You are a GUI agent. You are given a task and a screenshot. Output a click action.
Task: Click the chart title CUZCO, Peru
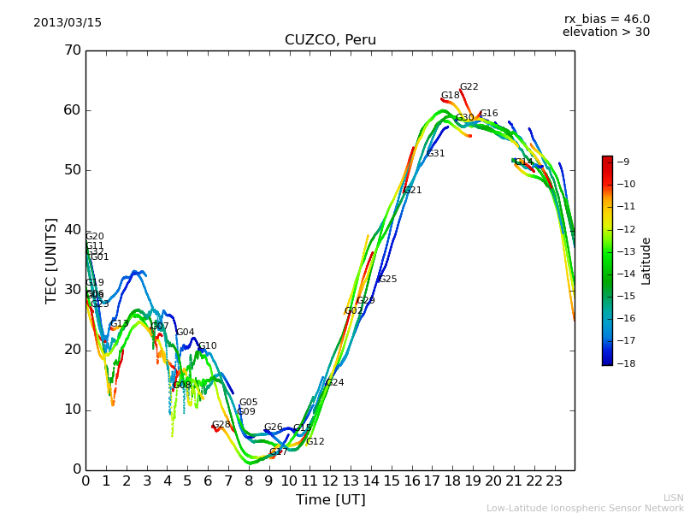coord(330,40)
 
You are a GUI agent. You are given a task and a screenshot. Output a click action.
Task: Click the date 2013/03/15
coord(68,23)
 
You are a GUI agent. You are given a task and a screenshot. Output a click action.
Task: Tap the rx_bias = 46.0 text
coord(606,19)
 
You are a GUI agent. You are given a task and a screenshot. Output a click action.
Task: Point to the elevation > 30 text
coord(605,32)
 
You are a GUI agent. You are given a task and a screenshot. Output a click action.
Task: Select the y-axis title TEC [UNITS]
coord(51,260)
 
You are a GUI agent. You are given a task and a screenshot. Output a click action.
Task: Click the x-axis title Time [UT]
coord(330,499)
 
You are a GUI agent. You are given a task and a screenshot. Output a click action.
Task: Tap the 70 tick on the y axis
coord(72,50)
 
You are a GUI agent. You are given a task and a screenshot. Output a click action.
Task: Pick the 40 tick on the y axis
coord(72,230)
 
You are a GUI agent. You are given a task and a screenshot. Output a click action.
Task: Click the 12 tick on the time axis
coord(330,481)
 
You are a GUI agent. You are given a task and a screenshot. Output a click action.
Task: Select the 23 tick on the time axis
coord(554,481)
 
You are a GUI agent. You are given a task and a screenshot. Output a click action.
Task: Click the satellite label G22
coord(469,87)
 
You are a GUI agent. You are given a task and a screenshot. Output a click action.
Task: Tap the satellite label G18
coord(450,96)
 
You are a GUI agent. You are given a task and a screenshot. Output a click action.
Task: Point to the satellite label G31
coord(436,154)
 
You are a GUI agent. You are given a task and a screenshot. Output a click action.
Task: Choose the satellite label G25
coord(387,280)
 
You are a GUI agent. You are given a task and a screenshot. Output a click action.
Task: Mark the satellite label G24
coord(334,383)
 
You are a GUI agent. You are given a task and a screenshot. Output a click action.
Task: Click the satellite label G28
coord(221,425)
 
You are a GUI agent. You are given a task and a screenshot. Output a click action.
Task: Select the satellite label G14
coord(523,162)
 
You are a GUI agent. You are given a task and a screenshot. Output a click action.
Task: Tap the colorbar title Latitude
coord(646,261)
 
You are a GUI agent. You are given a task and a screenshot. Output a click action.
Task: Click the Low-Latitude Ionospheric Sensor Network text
coord(585,508)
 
